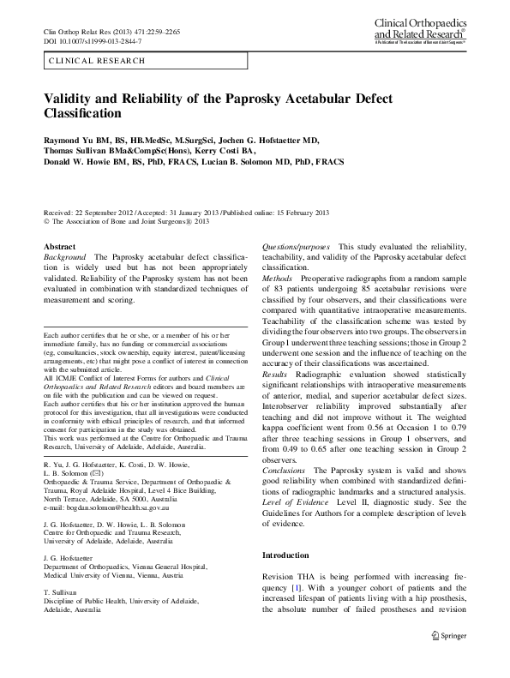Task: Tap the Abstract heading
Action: tap(59, 246)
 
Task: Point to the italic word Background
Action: tap(64, 257)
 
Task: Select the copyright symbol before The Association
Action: tap(47, 219)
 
